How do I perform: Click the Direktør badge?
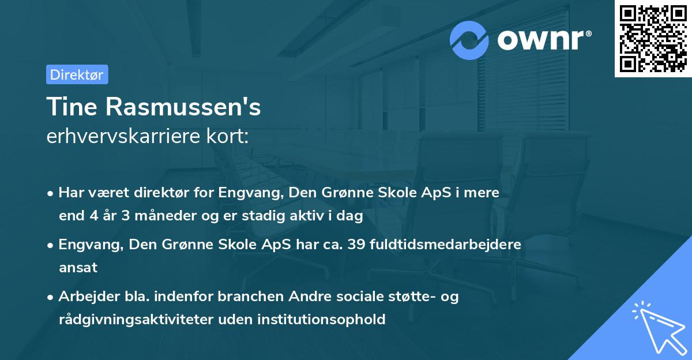77,75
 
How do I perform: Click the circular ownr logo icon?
469,40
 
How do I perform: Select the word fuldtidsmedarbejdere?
449,244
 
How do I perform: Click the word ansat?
78,267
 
